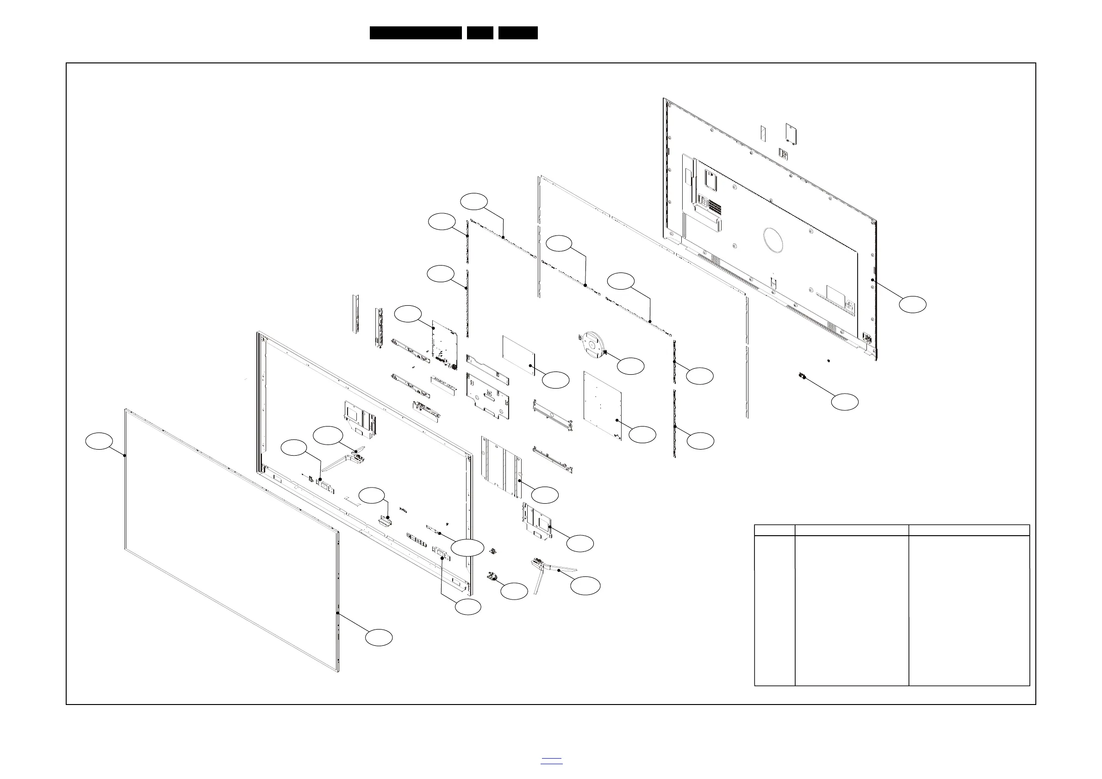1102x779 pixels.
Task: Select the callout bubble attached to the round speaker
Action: (x=630, y=366)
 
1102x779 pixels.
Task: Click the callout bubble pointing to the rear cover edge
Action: (x=912, y=304)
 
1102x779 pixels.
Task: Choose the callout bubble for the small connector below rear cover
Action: (x=845, y=402)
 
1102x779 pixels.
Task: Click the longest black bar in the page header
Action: (x=416, y=33)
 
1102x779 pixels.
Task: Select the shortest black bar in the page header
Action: (x=480, y=33)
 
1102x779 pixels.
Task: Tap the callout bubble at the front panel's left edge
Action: (x=99, y=441)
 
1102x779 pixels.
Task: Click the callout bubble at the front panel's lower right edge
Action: (x=379, y=637)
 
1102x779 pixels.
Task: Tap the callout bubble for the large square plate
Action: (x=642, y=434)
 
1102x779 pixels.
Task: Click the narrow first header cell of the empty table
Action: (x=774, y=530)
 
